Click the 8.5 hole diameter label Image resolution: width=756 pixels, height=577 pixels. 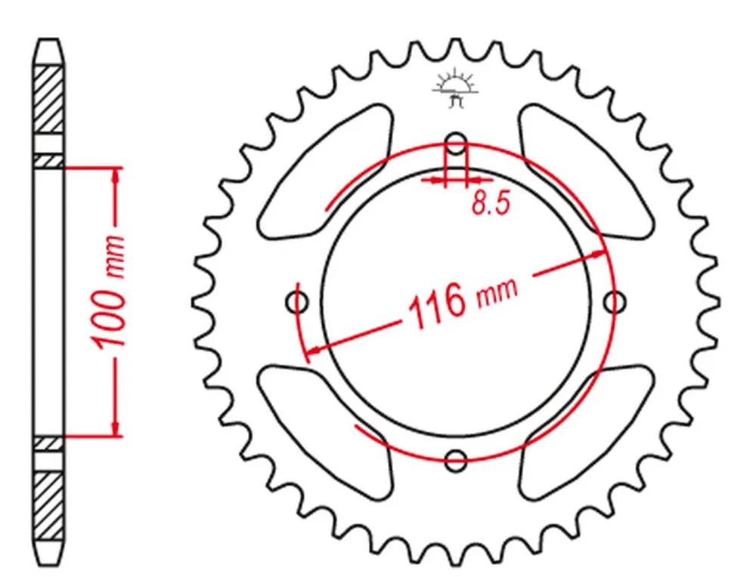point(491,202)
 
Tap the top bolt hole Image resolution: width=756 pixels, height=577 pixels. point(456,143)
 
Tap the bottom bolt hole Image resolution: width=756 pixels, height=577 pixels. point(456,460)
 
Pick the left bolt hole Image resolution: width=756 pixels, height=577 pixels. point(297,302)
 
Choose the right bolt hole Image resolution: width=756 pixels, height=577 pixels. point(615,302)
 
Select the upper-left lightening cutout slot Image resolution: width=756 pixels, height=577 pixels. point(325,171)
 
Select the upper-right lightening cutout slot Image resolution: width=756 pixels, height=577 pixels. point(587,171)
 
